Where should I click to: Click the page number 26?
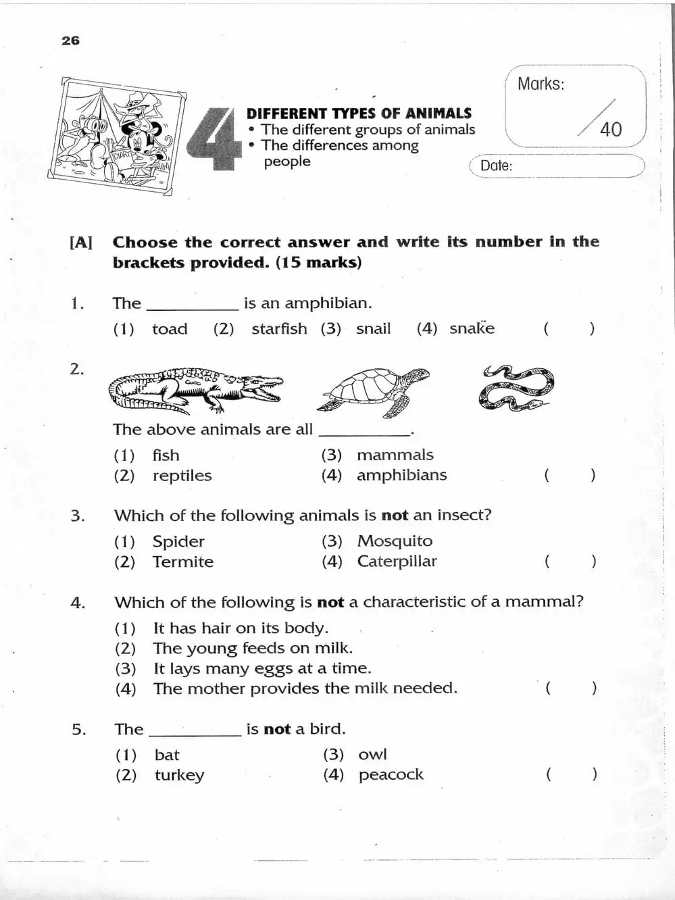point(70,41)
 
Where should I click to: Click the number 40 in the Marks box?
point(611,129)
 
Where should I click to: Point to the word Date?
point(496,166)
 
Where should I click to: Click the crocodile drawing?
point(195,390)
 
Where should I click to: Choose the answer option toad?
point(170,329)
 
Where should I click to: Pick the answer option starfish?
point(279,329)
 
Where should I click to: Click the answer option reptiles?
point(182,476)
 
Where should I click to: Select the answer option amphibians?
point(401,475)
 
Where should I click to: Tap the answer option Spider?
point(178,541)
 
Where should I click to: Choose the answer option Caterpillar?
point(397,561)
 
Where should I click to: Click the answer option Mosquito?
point(395,541)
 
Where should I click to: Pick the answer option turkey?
point(179,775)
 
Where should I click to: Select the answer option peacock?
point(391,774)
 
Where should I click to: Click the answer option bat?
point(167,755)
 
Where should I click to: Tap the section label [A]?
point(81,243)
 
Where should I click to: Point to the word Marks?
point(541,84)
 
